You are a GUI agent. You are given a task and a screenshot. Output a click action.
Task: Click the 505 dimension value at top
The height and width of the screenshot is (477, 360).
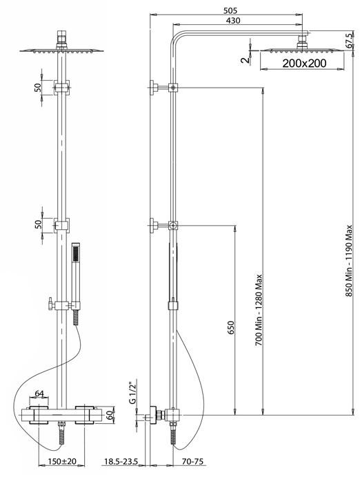230,10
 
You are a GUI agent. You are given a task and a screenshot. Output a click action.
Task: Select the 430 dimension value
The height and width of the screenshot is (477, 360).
233,21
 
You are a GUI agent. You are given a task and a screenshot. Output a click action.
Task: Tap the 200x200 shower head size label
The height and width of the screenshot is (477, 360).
304,64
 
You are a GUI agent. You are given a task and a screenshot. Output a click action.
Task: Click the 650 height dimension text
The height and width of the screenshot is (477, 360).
231,328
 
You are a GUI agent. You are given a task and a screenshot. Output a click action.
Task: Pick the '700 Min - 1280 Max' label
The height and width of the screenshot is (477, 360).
258,310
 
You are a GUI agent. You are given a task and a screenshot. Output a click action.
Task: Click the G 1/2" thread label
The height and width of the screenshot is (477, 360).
132,392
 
